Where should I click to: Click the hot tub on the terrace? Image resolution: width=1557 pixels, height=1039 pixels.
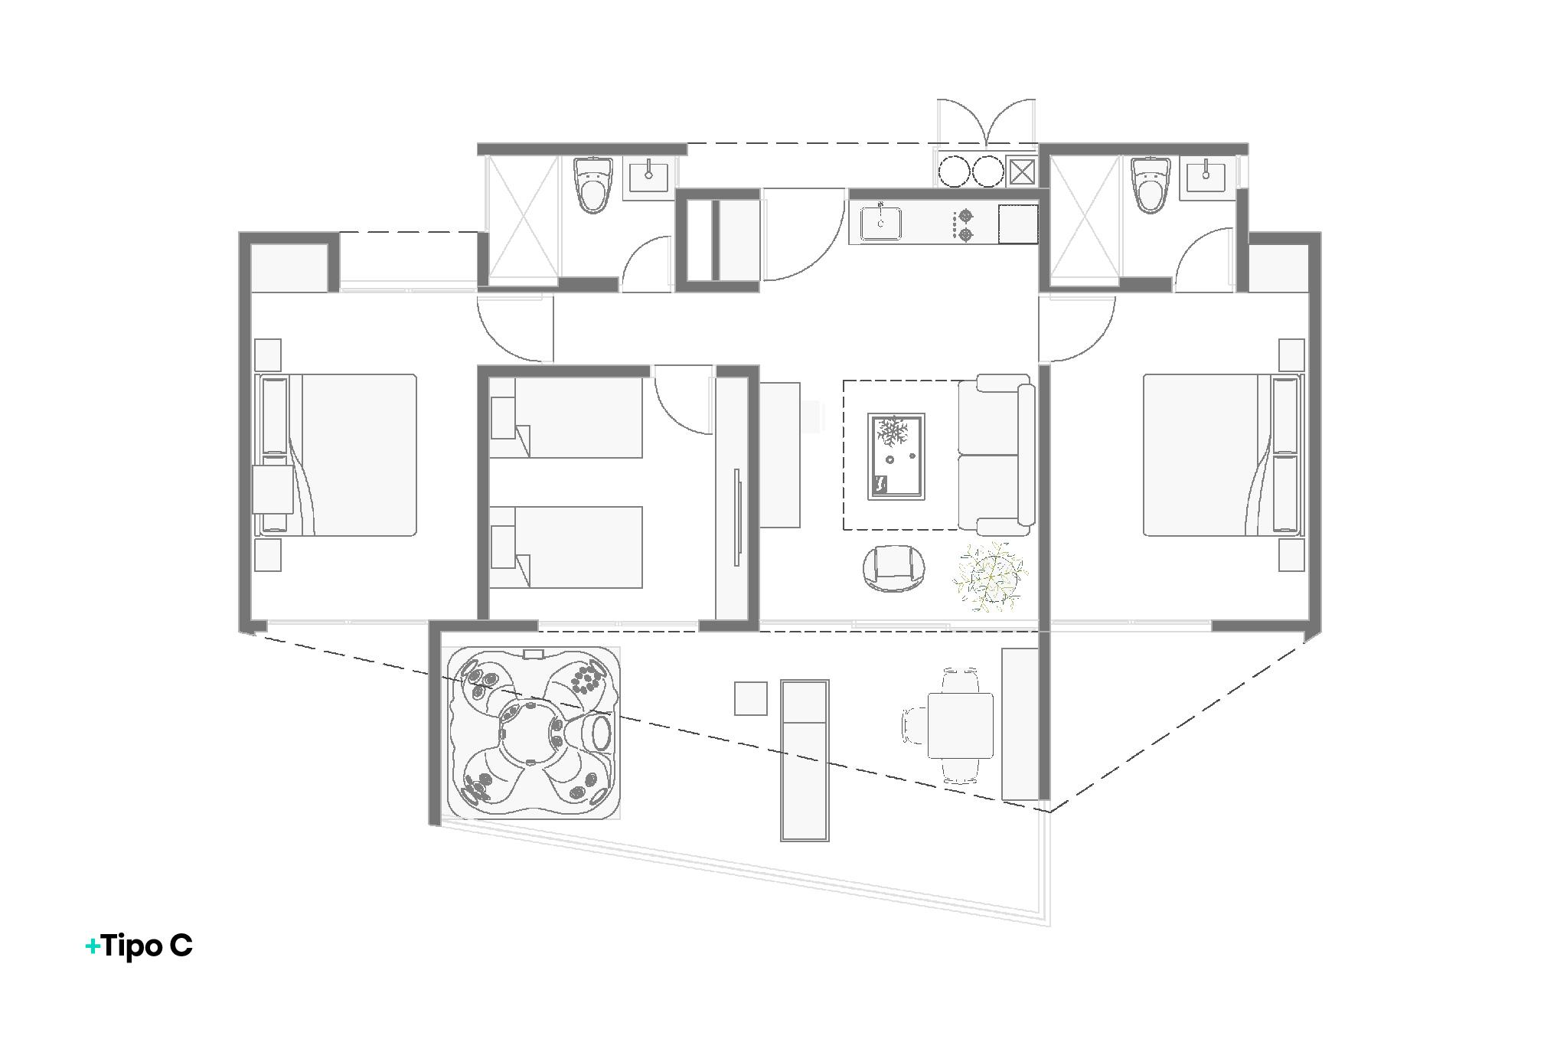tap(534, 734)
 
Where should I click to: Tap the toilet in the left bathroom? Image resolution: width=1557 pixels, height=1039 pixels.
tap(592, 185)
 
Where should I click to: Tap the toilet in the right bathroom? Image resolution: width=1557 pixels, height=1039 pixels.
tap(1151, 185)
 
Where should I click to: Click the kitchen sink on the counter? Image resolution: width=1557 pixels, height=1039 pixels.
tap(880, 224)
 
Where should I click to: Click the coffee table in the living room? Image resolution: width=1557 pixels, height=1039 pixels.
tap(896, 456)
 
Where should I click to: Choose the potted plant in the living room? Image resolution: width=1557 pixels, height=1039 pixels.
tap(990, 577)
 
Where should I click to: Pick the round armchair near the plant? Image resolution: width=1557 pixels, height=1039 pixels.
tap(895, 568)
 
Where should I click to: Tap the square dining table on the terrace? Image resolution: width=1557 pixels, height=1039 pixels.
tap(960, 725)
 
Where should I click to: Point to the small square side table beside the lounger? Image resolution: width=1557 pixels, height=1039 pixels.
tap(750, 698)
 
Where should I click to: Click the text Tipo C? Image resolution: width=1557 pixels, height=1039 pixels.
tap(147, 946)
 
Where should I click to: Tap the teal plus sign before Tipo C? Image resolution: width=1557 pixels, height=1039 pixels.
tap(93, 947)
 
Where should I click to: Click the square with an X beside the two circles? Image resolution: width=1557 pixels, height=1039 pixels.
tap(1022, 172)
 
